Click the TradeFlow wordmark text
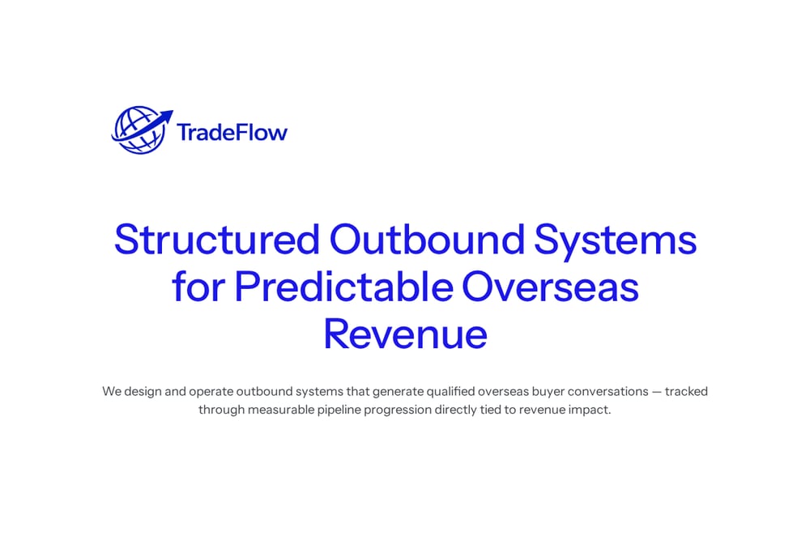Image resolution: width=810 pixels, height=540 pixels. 232,132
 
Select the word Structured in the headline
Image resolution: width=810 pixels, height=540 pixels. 217,240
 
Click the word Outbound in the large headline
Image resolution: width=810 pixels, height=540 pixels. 427,240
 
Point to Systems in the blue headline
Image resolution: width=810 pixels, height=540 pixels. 615,242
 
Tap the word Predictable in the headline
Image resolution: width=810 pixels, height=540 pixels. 343,287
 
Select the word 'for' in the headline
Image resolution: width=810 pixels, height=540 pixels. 198,287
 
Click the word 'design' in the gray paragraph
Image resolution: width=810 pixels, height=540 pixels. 143,392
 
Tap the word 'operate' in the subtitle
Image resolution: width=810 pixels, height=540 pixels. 211,393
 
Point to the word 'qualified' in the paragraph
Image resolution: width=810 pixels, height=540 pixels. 450,392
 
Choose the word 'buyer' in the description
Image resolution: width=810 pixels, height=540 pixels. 548,393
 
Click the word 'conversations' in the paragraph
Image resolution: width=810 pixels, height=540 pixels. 608,392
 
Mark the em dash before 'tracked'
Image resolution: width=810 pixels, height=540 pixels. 657,393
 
